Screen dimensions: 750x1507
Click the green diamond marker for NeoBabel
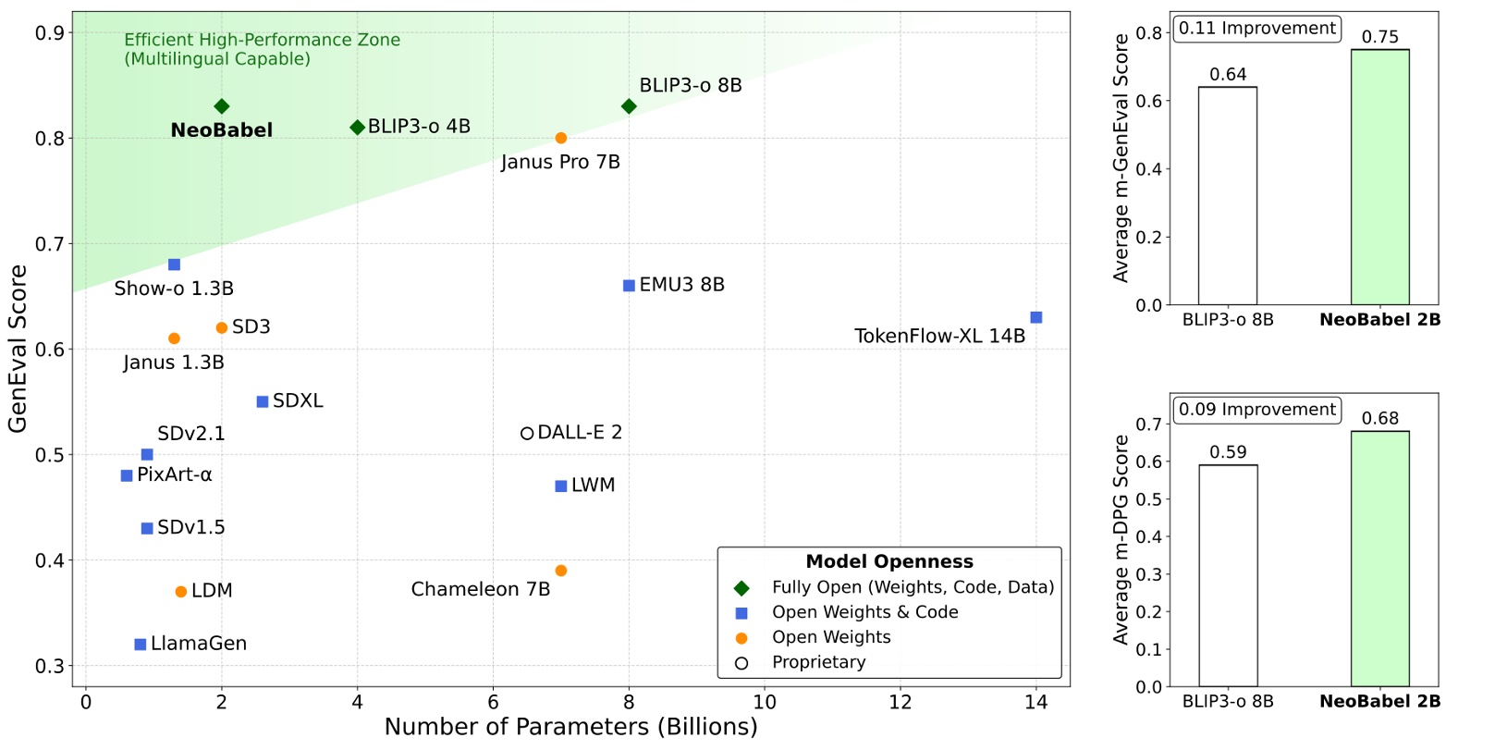pos(221,106)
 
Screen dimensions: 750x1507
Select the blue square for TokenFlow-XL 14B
pos(1035,317)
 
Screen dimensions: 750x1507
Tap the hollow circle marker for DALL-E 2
pos(527,433)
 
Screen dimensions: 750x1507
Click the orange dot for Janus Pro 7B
pos(561,138)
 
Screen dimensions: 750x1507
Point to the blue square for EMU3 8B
pos(629,286)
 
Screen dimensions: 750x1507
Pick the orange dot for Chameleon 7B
pos(561,571)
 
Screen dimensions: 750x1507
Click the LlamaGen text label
pos(199,644)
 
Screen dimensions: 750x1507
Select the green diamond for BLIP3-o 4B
pos(357,127)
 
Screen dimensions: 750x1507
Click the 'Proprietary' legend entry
pos(818,662)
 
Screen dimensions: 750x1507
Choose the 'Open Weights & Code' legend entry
pos(864,612)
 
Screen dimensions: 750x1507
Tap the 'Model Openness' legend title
pos(889,561)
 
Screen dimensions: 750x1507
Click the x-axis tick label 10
pos(765,702)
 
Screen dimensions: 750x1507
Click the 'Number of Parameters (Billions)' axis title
pos(570,727)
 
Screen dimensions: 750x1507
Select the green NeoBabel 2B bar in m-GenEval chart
pos(1379,178)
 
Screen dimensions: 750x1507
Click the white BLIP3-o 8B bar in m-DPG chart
pos(1228,575)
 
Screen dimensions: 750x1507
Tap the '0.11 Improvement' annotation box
pos(1256,29)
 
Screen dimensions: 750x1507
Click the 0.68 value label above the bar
pos(1379,419)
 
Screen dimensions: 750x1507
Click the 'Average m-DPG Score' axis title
pos(1121,540)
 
